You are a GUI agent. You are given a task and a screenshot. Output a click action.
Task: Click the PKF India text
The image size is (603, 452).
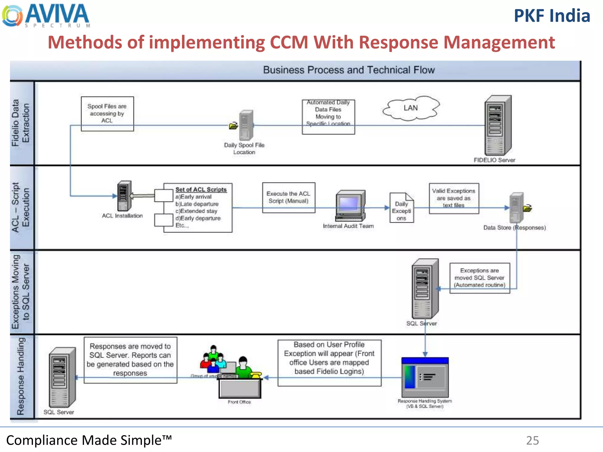click(552, 16)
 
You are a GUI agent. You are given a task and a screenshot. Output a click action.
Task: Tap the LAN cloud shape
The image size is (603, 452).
click(411, 108)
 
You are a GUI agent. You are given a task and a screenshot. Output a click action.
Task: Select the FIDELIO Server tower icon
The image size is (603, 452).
click(498, 126)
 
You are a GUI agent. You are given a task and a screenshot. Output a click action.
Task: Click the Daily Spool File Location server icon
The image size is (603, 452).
click(246, 126)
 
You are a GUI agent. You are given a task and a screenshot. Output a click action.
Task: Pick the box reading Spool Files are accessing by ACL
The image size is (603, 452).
click(107, 114)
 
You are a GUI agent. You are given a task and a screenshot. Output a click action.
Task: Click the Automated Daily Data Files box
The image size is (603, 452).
click(328, 117)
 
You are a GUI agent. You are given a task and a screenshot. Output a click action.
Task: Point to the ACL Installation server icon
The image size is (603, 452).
click(124, 195)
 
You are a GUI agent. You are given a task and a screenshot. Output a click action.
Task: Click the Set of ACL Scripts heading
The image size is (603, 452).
click(201, 190)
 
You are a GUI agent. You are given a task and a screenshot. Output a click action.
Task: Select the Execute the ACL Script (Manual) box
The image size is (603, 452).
click(289, 197)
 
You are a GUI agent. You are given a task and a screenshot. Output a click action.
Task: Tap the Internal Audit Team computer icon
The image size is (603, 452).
click(350, 206)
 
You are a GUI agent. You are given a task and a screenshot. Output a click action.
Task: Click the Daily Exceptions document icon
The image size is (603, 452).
click(401, 208)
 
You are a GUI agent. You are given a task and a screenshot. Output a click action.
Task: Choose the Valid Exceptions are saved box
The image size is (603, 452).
click(454, 198)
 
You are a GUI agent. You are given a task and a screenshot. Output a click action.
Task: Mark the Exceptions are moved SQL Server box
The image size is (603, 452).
click(480, 278)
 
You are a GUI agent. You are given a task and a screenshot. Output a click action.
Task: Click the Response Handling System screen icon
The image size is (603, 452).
click(425, 377)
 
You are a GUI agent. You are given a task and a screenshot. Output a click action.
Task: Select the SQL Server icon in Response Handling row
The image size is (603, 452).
click(62, 377)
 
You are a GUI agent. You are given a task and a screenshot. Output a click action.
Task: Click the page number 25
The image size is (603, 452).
click(532, 441)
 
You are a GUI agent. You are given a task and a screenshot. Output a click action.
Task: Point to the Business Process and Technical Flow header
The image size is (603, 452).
click(349, 70)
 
